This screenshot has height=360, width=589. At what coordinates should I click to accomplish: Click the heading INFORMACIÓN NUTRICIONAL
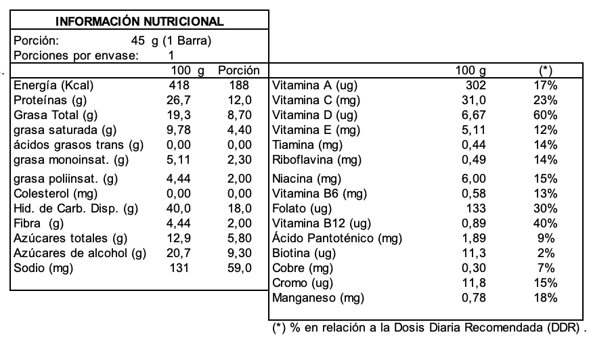(x=139, y=22)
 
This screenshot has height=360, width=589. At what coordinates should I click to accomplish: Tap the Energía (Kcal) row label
(x=53, y=86)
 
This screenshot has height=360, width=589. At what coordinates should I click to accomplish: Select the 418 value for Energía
(x=179, y=86)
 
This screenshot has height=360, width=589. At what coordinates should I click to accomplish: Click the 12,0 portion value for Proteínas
(x=239, y=100)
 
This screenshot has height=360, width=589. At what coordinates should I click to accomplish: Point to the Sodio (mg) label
(x=43, y=267)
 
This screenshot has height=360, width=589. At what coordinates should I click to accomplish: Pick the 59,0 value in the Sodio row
(x=239, y=267)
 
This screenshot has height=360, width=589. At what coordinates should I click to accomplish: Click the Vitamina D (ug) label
(x=314, y=115)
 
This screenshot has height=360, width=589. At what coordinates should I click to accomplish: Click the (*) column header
(x=546, y=70)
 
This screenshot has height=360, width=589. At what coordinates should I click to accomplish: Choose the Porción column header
(x=239, y=70)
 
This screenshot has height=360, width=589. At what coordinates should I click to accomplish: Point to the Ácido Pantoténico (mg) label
(x=336, y=238)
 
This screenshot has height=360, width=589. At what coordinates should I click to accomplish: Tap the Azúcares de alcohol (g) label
(x=80, y=253)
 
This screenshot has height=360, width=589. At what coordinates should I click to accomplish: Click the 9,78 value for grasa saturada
(x=179, y=129)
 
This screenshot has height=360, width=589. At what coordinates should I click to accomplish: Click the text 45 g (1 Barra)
(x=172, y=41)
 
